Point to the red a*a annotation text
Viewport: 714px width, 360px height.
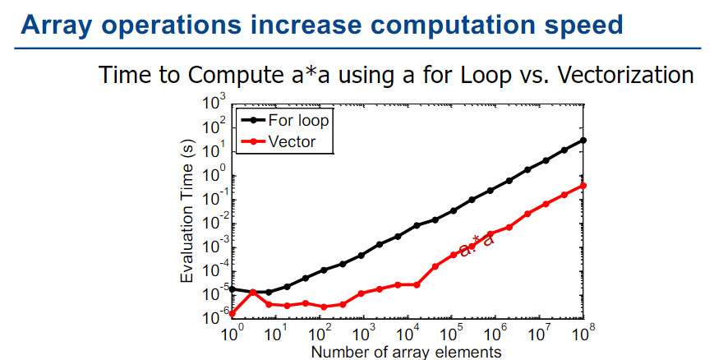click(x=477, y=246)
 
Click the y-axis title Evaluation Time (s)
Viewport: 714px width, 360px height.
click(x=188, y=212)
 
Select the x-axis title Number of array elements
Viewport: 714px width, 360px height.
click(x=406, y=352)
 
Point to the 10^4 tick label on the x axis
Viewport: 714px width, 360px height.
click(x=407, y=333)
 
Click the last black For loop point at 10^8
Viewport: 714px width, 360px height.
click(x=583, y=140)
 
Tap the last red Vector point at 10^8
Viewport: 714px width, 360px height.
click(x=583, y=185)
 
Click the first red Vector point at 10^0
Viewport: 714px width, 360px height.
click(x=233, y=313)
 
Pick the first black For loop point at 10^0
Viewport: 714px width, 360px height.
click(x=233, y=288)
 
